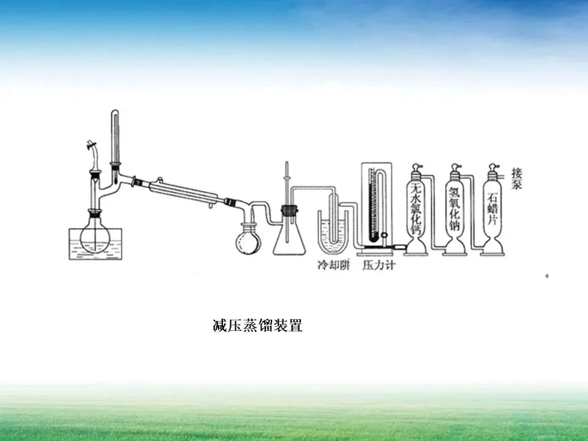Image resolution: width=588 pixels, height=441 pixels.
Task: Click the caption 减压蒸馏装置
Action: click(257, 325)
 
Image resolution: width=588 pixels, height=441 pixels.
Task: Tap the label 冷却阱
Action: click(333, 266)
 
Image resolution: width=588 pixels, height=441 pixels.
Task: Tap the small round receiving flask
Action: click(248, 240)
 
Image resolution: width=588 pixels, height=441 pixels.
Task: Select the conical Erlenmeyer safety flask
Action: click(288, 236)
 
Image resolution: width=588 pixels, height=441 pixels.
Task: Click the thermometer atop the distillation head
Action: click(115, 138)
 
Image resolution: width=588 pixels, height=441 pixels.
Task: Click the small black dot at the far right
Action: click(546, 276)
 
